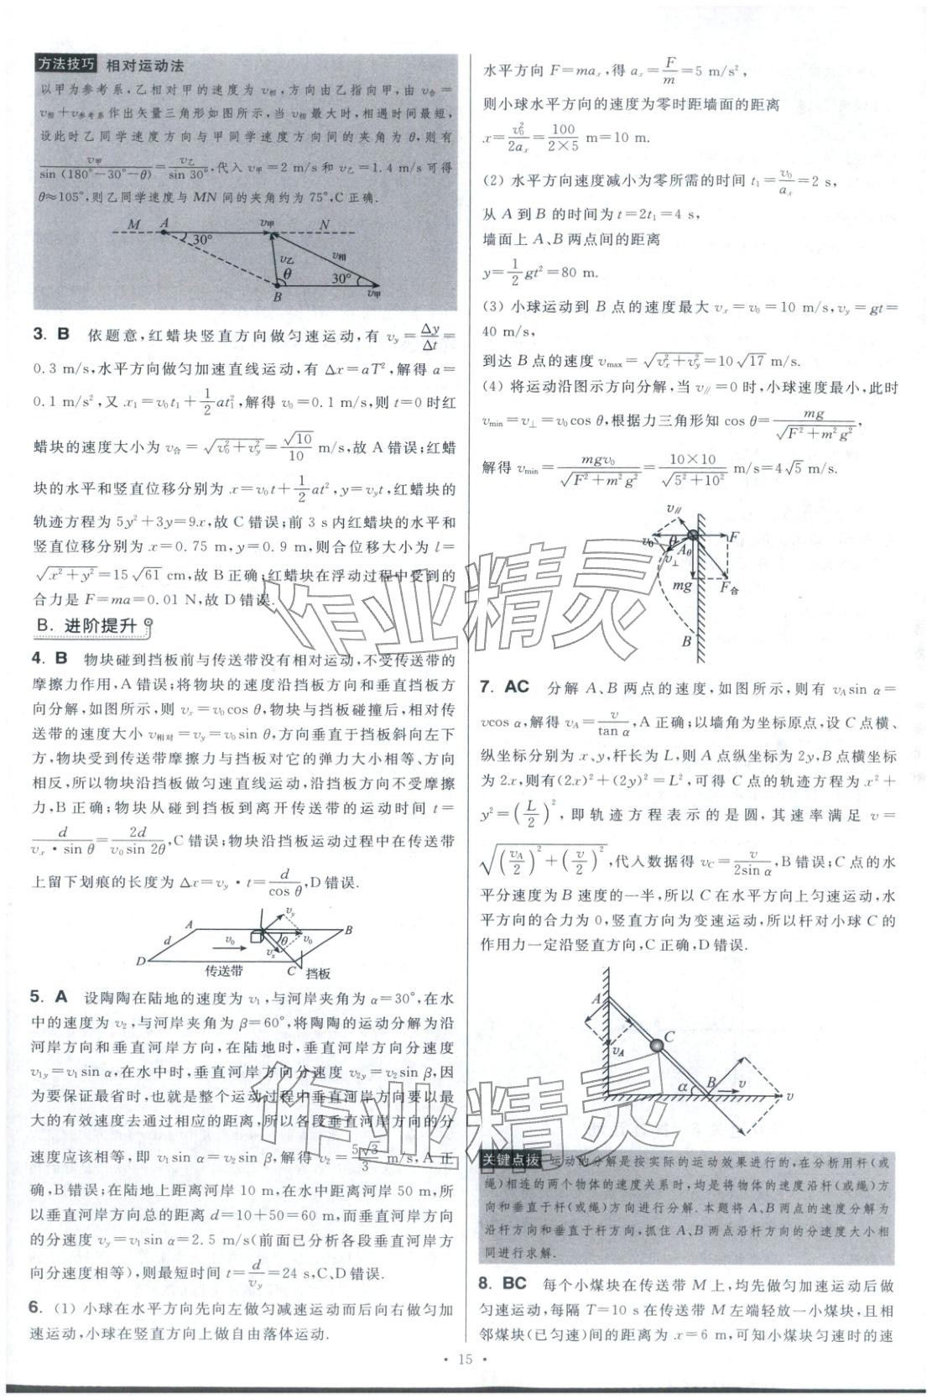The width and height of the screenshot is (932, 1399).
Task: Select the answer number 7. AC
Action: click(x=504, y=686)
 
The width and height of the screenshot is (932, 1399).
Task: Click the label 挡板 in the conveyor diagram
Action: click(x=317, y=974)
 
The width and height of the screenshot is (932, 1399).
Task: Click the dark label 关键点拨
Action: click(x=510, y=1161)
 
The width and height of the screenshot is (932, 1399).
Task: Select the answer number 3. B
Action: click(x=52, y=335)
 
